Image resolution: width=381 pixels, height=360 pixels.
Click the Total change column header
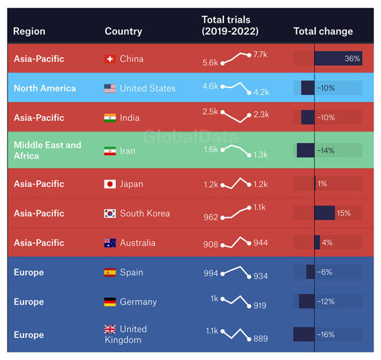click(323, 31)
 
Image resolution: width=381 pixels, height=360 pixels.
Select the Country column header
click(123, 31)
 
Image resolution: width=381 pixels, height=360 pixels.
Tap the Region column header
click(29, 31)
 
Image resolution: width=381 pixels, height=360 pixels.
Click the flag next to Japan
click(109, 184)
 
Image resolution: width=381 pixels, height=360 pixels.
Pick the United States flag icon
click(109, 89)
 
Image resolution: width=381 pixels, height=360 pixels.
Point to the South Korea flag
click(109, 213)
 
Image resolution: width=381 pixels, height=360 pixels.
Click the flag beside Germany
click(109, 302)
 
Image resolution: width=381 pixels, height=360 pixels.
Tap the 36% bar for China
click(338, 59)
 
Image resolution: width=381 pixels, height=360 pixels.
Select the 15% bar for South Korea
click(324, 213)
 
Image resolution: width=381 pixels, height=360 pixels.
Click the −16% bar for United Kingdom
click(304, 335)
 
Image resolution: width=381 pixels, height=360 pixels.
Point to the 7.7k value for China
click(260, 55)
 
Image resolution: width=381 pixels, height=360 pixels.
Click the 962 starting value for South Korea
click(211, 218)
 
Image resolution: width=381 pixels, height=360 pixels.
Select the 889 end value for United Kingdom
click(261, 339)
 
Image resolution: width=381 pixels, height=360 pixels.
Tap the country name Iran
click(127, 151)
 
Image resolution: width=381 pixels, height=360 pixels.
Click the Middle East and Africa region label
click(47, 151)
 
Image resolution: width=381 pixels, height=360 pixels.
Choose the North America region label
click(44, 89)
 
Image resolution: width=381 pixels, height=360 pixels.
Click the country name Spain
click(131, 272)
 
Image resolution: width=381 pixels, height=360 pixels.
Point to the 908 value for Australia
click(211, 244)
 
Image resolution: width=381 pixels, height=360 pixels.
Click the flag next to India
click(109, 118)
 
